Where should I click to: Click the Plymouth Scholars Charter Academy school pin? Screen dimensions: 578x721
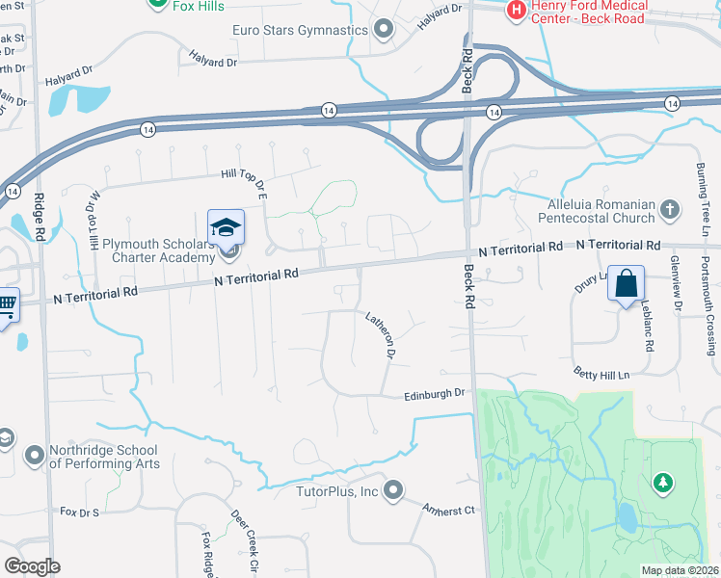(x=226, y=227)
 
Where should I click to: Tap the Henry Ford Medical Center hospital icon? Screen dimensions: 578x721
(x=517, y=10)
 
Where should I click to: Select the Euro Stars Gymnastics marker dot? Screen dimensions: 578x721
(x=384, y=29)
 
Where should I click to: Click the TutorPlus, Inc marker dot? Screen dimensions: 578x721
(x=392, y=491)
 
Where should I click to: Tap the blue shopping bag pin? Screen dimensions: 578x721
(x=627, y=284)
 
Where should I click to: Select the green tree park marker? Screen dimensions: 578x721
(x=661, y=481)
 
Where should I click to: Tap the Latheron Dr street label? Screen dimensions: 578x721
(x=381, y=334)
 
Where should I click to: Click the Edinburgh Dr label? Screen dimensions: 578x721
(x=435, y=393)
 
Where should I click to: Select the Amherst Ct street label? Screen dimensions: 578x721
(x=450, y=507)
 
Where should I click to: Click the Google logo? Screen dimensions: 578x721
(x=32, y=566)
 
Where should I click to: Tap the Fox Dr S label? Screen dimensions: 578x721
(x=80, y=511)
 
